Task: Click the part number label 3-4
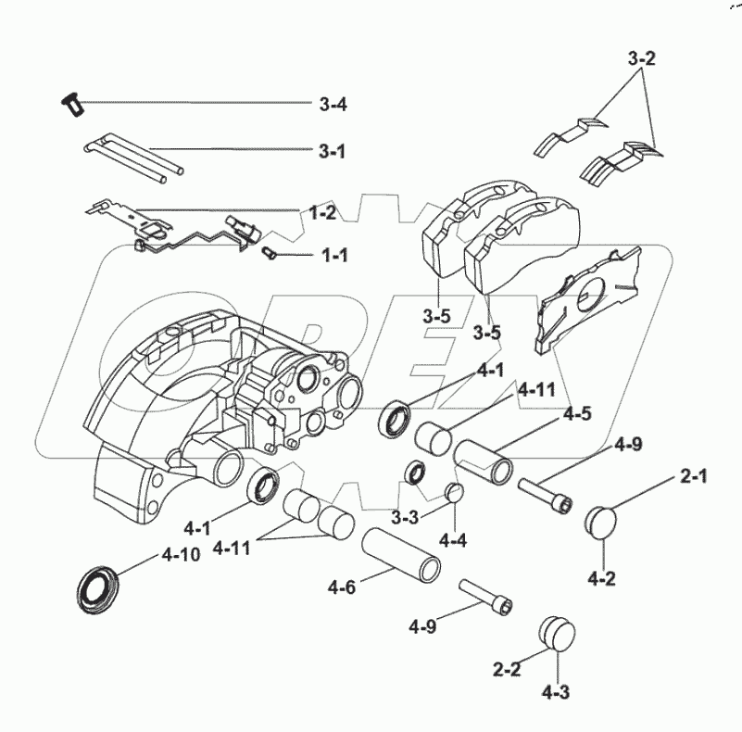click(x=333, y=105)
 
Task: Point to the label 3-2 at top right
click(x=641, y=59)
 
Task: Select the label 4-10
click(x=182, y=556)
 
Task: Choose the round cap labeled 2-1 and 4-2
click(x=603, y=519)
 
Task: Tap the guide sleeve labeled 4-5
click(x=484, y=461)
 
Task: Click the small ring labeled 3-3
click(x=416, y=475)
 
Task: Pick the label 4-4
click(x=454, y=538)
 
